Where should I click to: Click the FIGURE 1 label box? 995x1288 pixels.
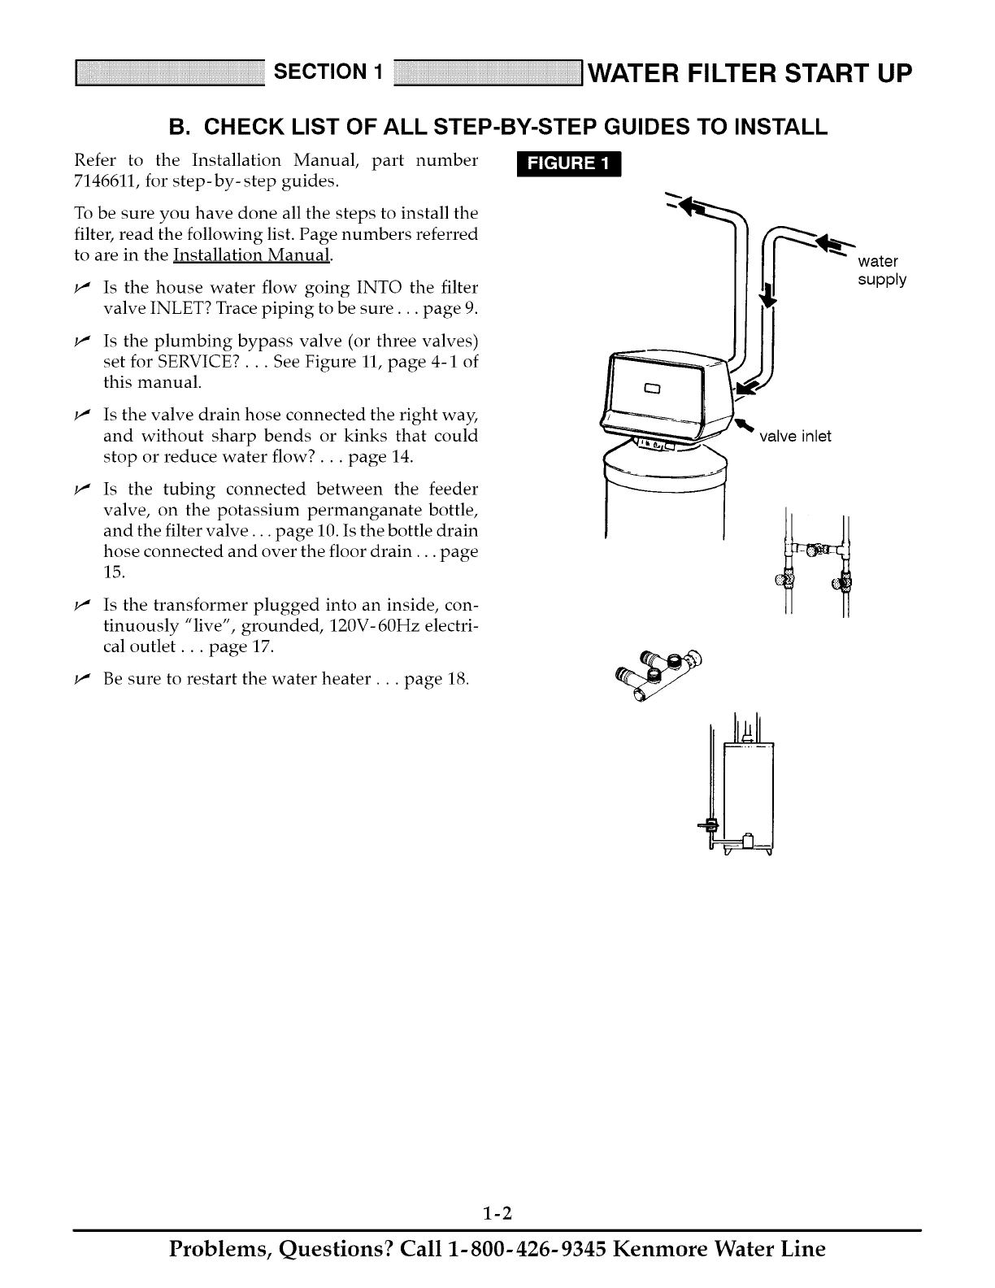tap(568, 164)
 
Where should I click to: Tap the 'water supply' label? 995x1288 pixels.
tap(882, 271)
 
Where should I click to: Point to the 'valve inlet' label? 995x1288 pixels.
tap(795, 437)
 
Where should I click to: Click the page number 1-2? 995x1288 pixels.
tap(497, 1192)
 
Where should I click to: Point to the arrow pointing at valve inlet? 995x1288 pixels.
tap(743, 425)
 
